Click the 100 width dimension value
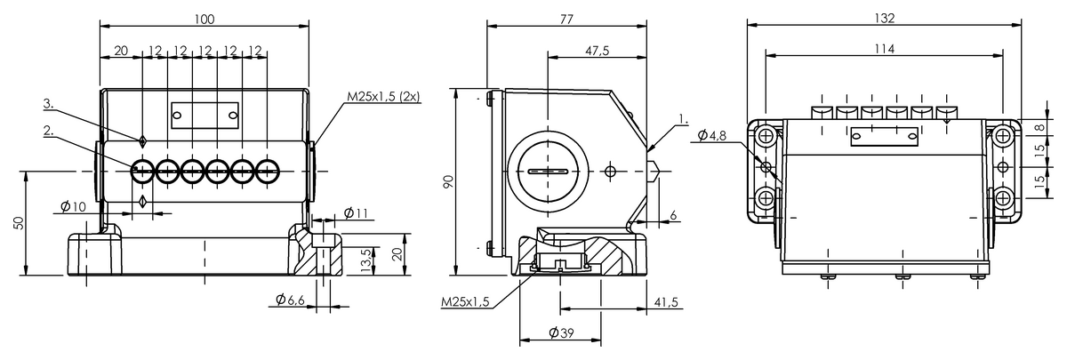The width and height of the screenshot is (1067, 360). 205,19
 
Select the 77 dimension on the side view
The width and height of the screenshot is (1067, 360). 566,19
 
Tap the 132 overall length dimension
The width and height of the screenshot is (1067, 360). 884,18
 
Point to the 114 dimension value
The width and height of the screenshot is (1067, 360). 884,49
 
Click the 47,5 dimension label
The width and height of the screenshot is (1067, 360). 597,51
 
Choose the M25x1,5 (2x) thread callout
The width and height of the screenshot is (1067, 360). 383,96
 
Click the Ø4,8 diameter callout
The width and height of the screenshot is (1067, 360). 711,136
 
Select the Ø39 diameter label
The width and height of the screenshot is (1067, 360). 561,332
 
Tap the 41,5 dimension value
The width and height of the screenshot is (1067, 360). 666,302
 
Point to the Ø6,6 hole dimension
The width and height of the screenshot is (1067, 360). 290,300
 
